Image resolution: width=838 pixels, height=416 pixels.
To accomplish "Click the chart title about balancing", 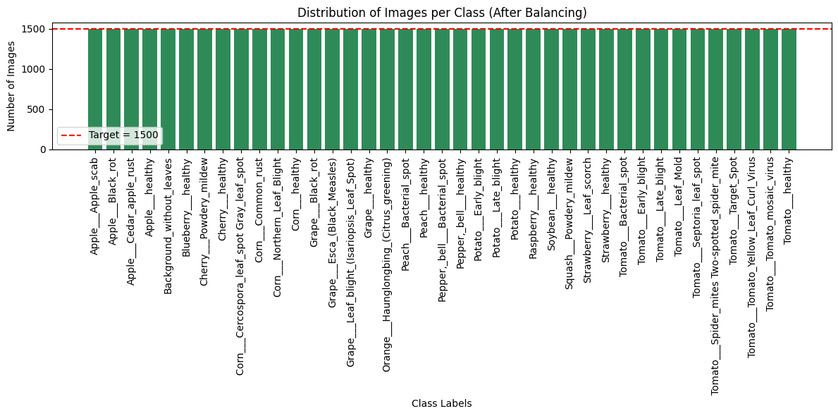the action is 441,13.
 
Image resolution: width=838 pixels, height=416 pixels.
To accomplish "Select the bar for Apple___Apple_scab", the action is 95,90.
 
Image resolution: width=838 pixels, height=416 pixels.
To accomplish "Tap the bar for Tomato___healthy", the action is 789,90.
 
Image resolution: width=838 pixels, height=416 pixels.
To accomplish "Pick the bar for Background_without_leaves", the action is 168,90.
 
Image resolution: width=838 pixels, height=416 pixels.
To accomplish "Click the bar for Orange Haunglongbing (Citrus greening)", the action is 387,90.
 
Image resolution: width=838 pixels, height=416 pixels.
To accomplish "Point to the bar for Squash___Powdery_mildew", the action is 569,90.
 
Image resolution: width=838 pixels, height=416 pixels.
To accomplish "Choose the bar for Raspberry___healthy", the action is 534,90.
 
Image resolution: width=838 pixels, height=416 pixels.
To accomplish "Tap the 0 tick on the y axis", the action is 43,149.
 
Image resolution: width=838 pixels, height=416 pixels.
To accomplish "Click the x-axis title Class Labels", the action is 441,404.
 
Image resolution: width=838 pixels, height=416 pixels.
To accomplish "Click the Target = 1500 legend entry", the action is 109,135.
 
